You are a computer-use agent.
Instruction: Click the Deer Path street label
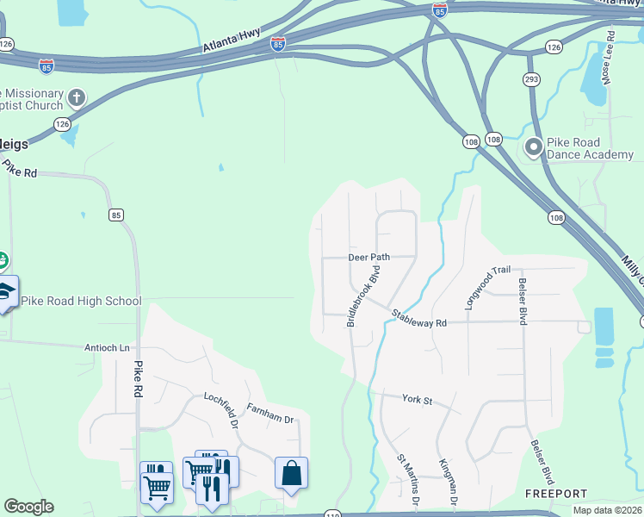(x=369, y=257)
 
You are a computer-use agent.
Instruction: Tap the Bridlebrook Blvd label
(x=363, y=296)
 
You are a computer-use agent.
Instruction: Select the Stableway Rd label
(x=419, y=319)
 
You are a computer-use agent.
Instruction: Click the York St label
(x=417, y=399)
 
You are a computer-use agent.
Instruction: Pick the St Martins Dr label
(x=407, y=481)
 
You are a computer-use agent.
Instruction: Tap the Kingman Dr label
(x=447, y=483)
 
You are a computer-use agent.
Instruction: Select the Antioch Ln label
(x=107, y=348)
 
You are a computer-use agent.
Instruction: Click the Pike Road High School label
(x=81, y=301)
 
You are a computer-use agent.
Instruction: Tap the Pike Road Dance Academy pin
(x=534, y=148)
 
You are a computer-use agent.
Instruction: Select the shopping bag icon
(x=291, y=472)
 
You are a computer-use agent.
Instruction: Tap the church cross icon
(x=77, y=97)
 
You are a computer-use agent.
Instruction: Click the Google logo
(x=28, y=507)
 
